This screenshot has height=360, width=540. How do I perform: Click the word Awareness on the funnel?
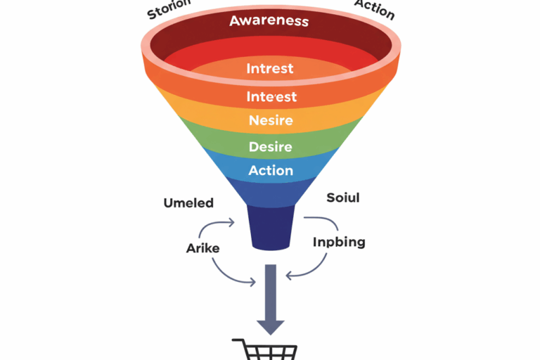[x=269, y=20]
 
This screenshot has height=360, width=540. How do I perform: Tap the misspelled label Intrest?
[x=270, y=69]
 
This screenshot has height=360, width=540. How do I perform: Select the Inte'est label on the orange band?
[x=271, y=96]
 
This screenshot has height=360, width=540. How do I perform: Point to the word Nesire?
[x=271, y=120]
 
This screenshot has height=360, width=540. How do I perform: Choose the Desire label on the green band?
[x=271, y=147]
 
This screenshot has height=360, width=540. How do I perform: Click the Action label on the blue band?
[x=271, y=170]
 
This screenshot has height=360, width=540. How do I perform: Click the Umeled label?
[x=188, y=203]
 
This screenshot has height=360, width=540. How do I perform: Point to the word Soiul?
[x=343, y=198]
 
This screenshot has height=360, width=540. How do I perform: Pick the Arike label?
[x=202, y=247]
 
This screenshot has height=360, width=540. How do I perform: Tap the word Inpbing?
[x=338, y=243]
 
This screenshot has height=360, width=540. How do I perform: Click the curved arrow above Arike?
[x=215, y=226]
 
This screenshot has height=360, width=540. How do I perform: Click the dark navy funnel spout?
[x=271, y=227]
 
